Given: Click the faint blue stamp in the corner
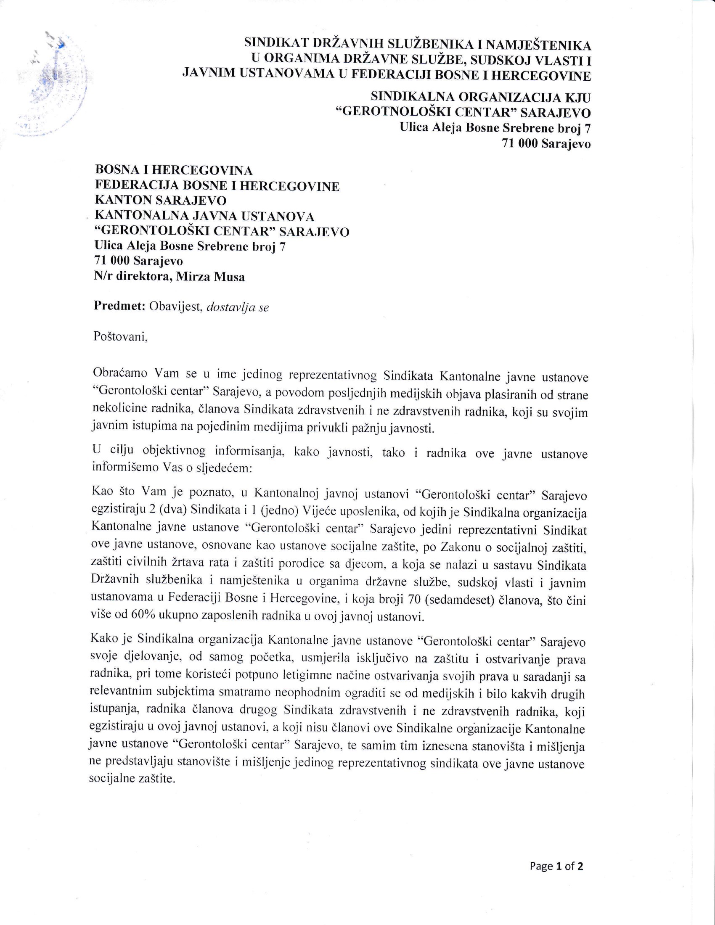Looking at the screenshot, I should point(55,85).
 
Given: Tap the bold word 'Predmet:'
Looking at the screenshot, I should point(119,306).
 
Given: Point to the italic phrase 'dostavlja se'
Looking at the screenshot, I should point(237,307).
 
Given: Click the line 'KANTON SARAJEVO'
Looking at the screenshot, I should point(161,200).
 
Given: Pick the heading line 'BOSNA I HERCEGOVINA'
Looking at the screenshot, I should point(174,170).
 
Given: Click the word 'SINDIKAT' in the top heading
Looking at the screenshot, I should point(276,43).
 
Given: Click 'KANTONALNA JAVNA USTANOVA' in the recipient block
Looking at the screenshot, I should point(204,217).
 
